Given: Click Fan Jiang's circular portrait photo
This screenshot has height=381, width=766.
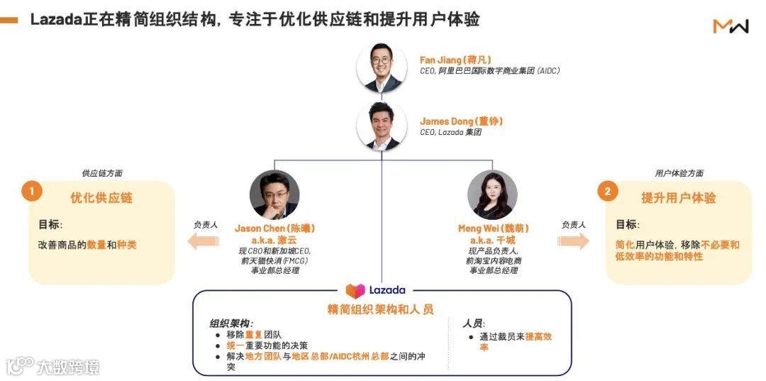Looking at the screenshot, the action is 382,67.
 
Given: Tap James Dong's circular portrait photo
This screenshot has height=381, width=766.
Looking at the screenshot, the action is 382,126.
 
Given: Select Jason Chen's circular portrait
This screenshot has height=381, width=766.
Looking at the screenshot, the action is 274,194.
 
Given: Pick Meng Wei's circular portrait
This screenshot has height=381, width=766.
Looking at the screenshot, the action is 492,194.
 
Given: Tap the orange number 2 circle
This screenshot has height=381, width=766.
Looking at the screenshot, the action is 607,191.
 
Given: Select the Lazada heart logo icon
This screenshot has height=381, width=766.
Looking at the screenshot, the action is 355,290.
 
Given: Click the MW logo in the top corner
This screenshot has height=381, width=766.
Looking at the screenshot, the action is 731,26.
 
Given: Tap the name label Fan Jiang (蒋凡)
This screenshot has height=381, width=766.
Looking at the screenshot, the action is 455,60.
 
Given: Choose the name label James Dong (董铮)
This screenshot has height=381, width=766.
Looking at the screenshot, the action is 461,121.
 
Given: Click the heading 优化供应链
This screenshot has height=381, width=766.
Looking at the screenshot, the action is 101,198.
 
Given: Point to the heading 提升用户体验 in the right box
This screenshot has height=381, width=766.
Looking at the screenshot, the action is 678,198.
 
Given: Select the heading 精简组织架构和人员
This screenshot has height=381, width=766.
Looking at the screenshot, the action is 380,309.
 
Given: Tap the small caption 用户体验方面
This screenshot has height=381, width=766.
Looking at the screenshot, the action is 679,173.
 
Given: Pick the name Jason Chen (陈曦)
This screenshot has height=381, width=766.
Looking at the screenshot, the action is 274,228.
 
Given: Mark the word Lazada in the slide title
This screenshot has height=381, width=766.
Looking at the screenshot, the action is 56,20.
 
